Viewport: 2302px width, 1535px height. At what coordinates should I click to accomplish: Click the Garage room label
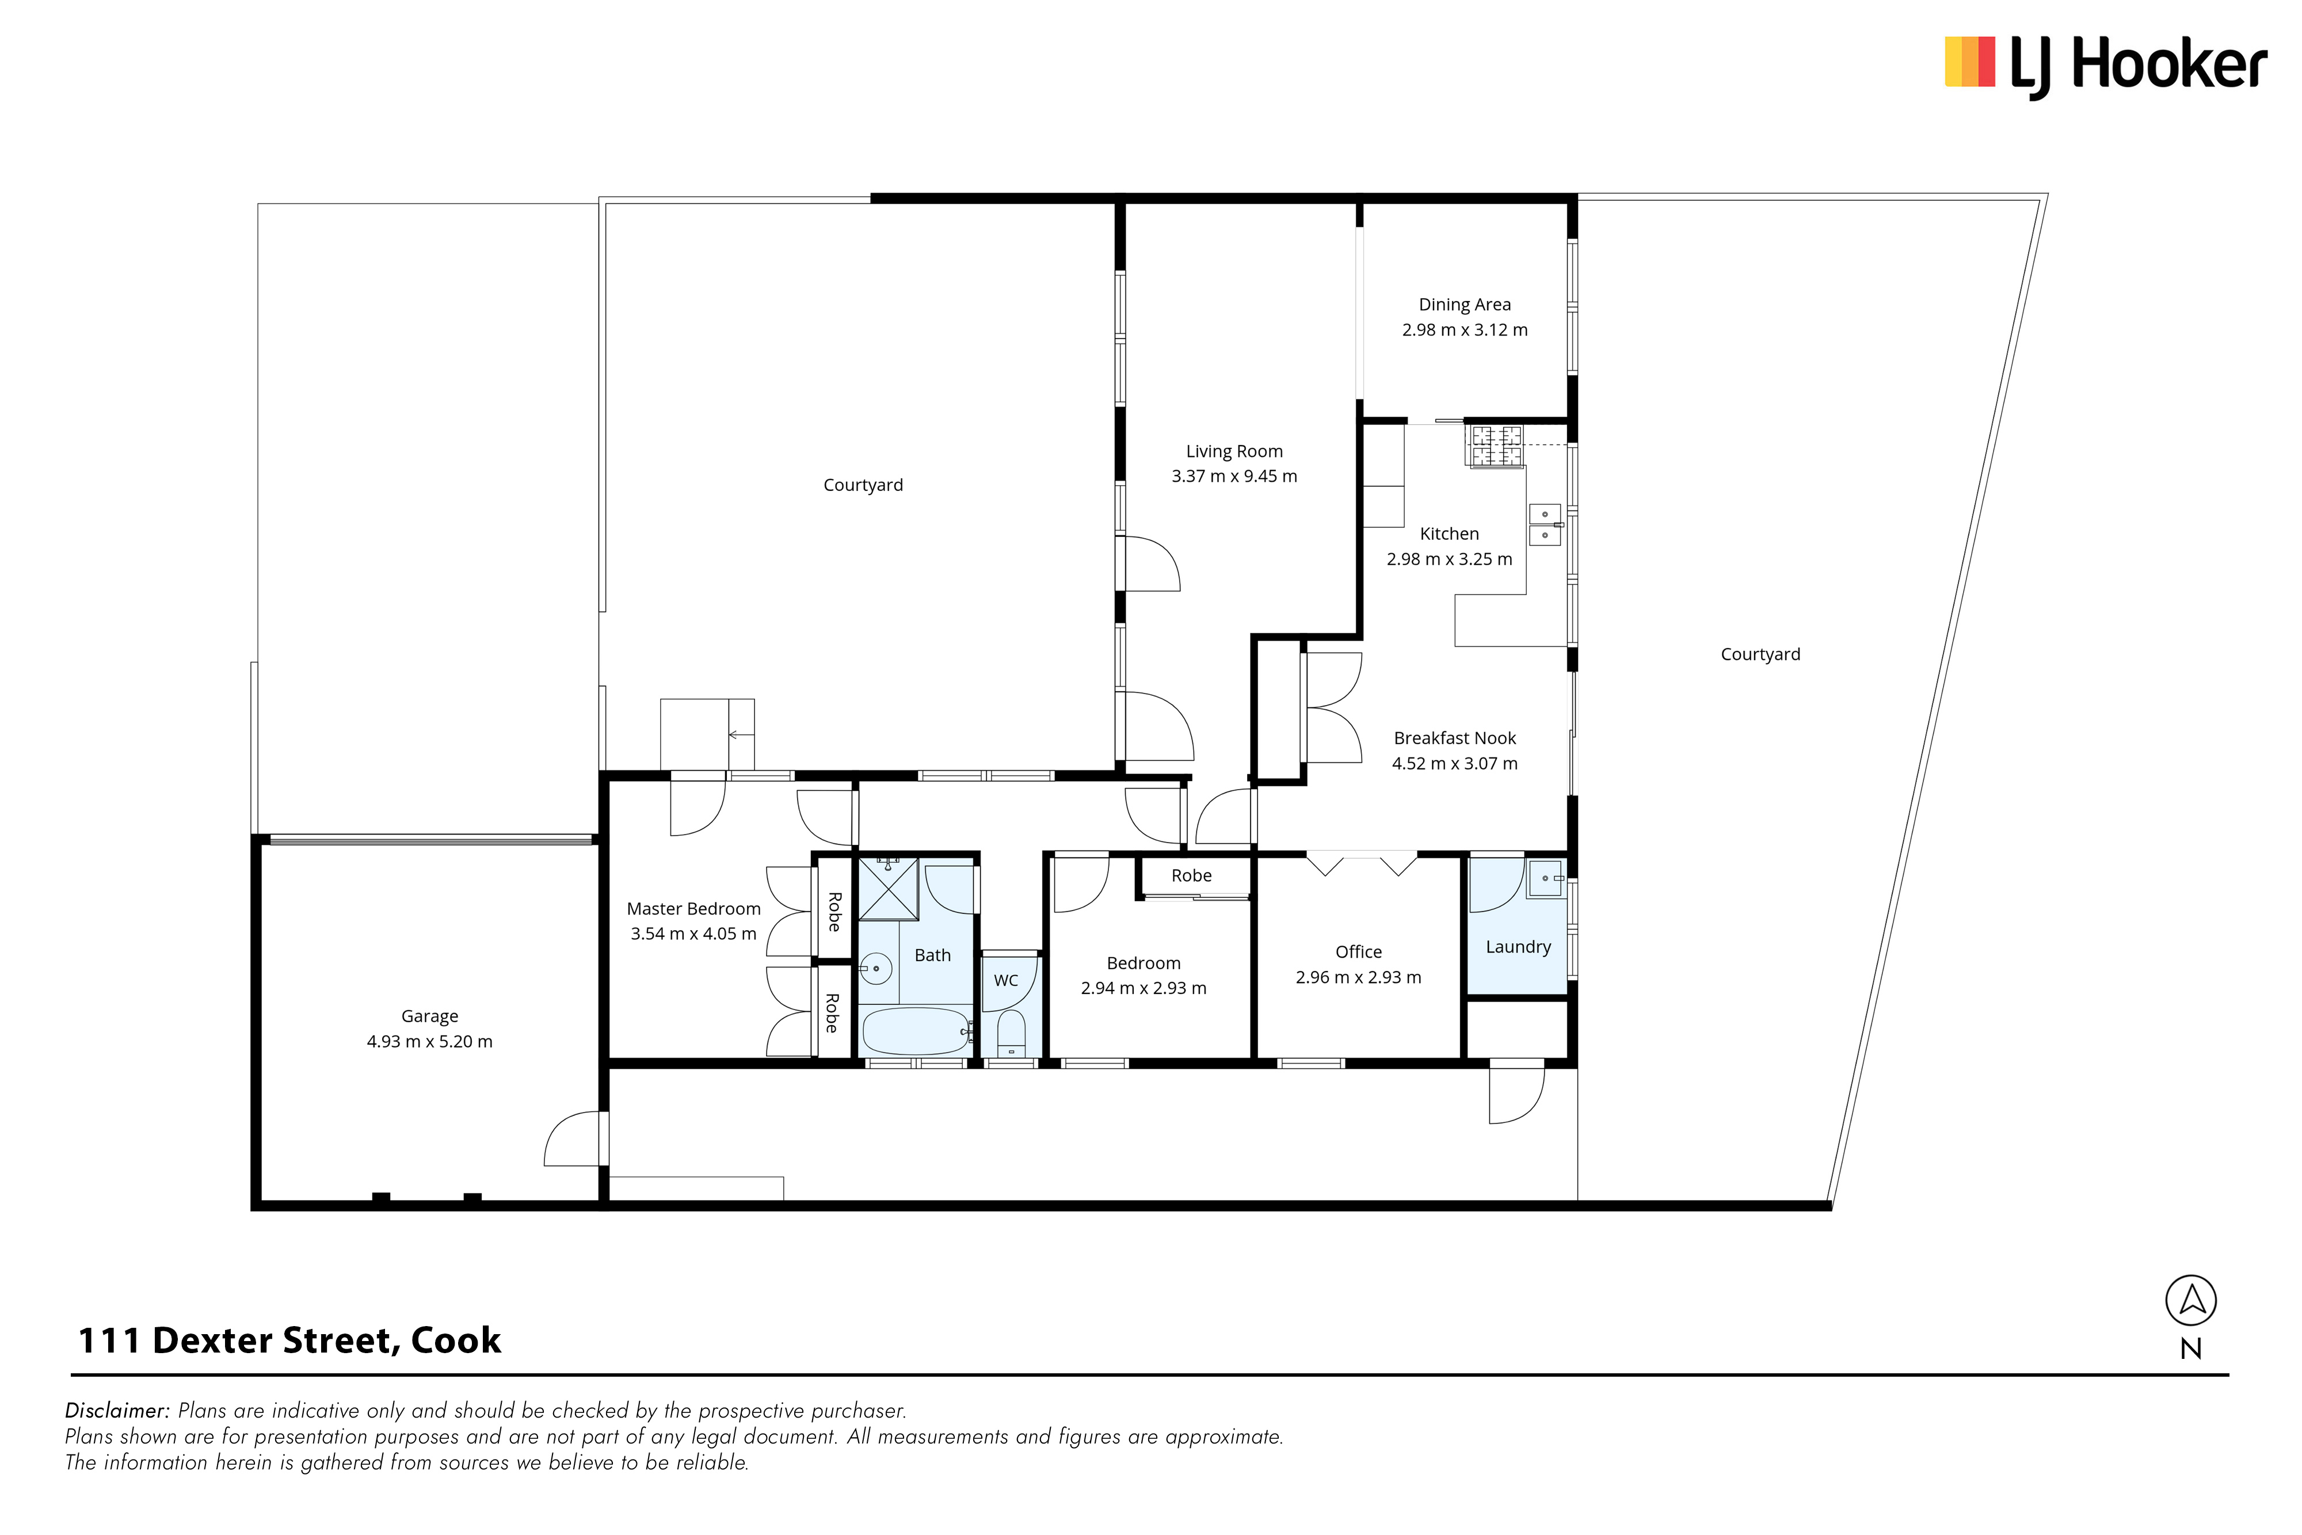[x=430, y=1016]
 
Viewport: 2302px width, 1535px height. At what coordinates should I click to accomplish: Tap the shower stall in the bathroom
[x=889, y=889]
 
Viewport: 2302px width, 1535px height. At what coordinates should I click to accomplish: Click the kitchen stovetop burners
[x=1496, y=445]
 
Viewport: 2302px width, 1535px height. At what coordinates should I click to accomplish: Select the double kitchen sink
[x=1545, y=525]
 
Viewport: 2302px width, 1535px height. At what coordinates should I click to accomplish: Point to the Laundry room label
[x=1518, y=947]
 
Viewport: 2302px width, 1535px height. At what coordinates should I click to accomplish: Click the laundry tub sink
[x=1546, y=878]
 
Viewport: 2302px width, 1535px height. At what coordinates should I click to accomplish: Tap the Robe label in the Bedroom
[x=1191, y=875]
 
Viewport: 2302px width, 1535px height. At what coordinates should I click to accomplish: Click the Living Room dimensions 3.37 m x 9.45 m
[x=1234, y=477]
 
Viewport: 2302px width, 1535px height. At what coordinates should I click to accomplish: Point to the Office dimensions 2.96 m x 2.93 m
[x=1359, y=977]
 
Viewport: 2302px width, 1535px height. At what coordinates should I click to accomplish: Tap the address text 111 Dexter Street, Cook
[x=289, y=1340]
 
